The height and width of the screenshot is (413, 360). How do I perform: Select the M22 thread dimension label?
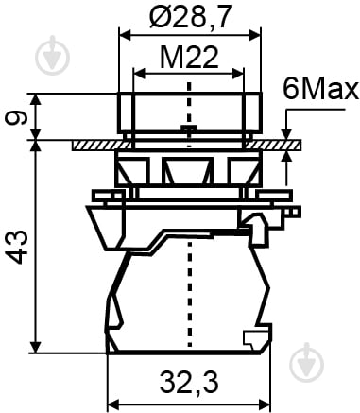coord(189,59)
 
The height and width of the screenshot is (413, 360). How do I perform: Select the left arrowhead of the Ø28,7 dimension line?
coord(123,32)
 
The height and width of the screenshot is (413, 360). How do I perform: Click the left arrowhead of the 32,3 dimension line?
coord(112,397)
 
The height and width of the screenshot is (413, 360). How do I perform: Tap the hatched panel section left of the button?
coord(94,145)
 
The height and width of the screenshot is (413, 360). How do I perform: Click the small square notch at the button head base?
coord(189,129)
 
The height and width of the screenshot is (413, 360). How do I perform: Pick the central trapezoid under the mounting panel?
coord(189,171)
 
